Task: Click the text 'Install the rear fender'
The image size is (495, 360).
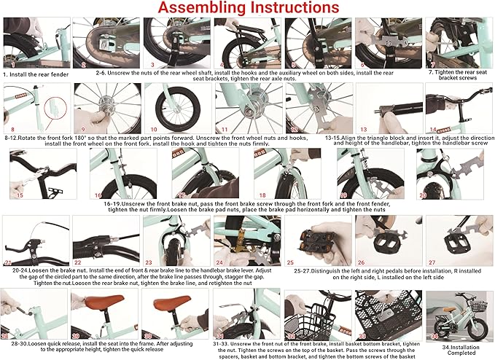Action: pyautogui.click(x=38, y=74)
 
